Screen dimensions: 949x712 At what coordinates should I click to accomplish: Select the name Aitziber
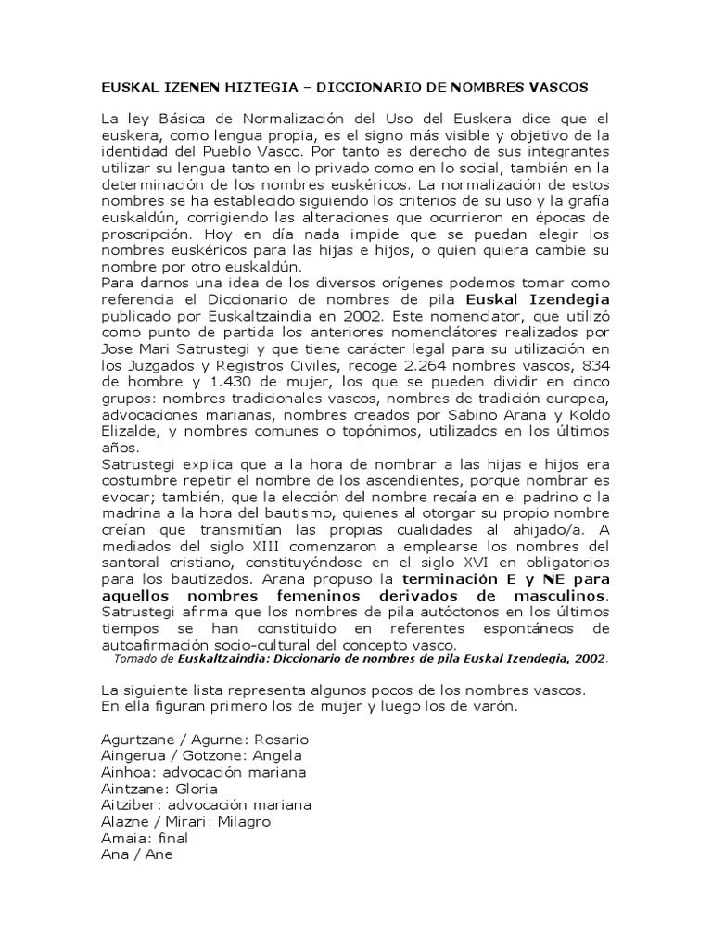(x=128, y=804)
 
